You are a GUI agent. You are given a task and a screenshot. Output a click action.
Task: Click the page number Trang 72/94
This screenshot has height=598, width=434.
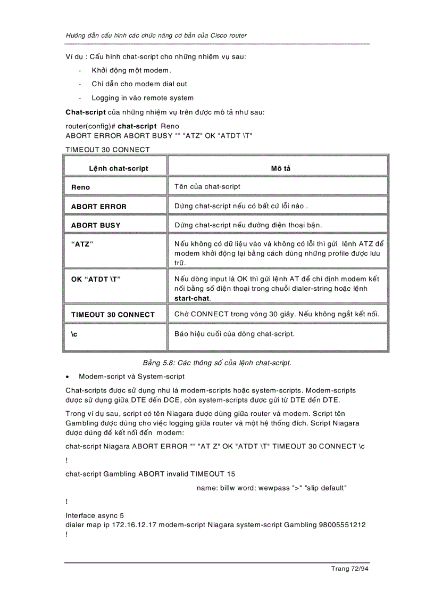tap(349, 568)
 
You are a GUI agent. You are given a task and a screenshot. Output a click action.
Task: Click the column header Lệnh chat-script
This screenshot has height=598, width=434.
tap(119, 168)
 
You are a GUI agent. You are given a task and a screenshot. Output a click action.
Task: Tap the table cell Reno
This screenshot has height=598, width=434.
tap(81, 187)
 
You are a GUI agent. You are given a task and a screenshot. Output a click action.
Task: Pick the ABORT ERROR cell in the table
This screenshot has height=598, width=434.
tap(99, 206)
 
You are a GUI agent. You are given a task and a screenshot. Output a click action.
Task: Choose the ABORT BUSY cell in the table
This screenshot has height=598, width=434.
tap(96, 225)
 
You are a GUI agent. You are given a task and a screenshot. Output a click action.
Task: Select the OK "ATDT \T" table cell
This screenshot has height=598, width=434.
tap(96, 279)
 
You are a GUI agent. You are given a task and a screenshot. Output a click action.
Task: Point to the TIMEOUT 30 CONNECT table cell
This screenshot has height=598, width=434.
tap(113, 315)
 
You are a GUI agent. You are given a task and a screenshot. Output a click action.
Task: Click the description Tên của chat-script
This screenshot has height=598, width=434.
tap(207, 186)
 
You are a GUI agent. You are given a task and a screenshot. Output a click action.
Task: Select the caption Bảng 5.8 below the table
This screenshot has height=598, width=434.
tap(213, 363)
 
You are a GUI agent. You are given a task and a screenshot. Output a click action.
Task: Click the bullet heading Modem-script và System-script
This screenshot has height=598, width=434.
tap(131, 376)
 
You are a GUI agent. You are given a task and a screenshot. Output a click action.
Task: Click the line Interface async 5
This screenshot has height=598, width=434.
tap(95, 515)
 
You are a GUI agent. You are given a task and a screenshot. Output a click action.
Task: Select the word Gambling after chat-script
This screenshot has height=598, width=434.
tap(119, 473)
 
